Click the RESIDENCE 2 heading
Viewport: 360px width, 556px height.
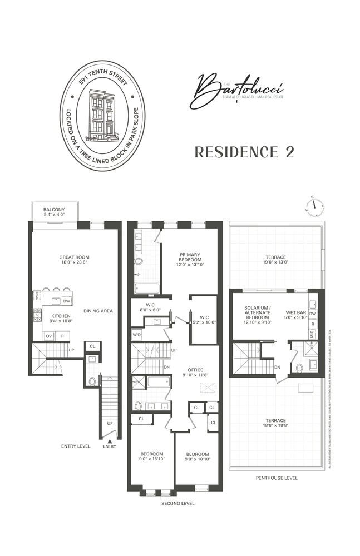244,152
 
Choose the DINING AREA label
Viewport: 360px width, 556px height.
98,311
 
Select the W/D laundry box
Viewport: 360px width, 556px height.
137,335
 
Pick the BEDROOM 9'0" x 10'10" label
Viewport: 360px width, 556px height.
197,456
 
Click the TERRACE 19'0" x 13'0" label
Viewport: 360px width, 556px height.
275,260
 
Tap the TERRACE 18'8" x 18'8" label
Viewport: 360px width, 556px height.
275,423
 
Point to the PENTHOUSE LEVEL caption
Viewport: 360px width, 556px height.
277,478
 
